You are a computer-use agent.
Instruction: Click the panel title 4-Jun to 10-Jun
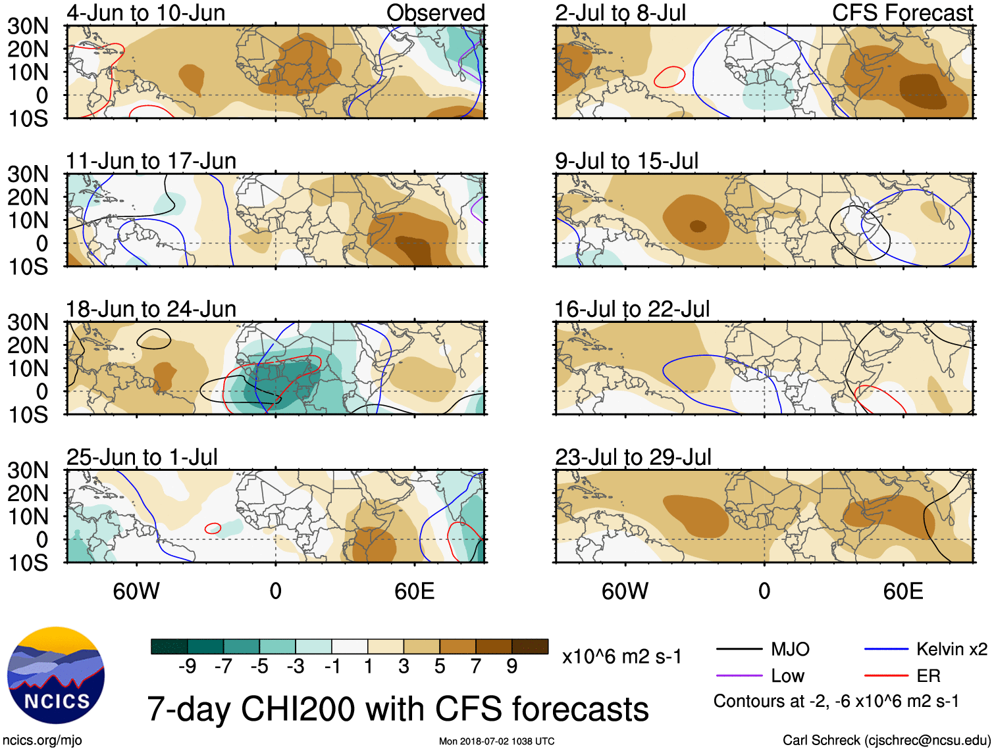coord(145,13)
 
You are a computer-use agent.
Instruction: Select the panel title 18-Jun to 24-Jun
coord(151,309)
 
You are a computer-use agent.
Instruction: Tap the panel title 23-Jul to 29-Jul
coord(633,457)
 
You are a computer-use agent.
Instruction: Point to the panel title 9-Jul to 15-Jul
coord(627,161)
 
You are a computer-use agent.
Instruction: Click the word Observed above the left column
coord(436,13)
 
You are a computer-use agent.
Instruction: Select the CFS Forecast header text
coord(902,13)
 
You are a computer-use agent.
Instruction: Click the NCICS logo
coord(56,675)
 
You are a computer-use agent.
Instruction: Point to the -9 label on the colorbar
coord(187,667)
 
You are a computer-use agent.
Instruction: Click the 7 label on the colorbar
coord(476,667)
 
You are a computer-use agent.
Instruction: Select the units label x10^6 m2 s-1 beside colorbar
coord(622,656)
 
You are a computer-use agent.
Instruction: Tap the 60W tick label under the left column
coord(136,591)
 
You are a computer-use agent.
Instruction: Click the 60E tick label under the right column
coord(903,591)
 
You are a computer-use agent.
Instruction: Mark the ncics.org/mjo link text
coord(42,740)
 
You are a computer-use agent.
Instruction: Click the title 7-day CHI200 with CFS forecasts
coord(398,710)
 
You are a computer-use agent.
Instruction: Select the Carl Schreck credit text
coord(886,740)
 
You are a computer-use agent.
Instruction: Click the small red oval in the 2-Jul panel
coord(669,77)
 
